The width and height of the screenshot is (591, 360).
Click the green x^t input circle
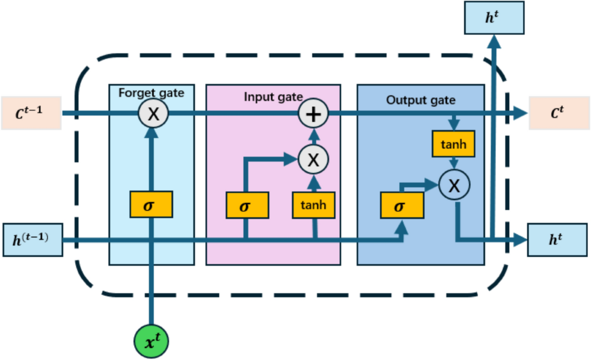[151, 340]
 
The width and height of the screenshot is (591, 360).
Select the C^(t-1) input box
[31, 113]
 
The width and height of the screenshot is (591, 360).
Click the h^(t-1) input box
[33, 240]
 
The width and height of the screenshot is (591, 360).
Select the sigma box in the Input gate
[247, 205]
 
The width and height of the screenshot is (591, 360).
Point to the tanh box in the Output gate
[454, 144]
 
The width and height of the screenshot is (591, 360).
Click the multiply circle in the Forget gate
[153, 114]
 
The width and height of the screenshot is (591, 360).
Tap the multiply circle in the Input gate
[314, 159]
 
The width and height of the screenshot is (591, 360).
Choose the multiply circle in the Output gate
[455, 185]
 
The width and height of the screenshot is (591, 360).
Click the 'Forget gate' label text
[151, 92]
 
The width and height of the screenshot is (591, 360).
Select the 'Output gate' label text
[421, 100]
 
